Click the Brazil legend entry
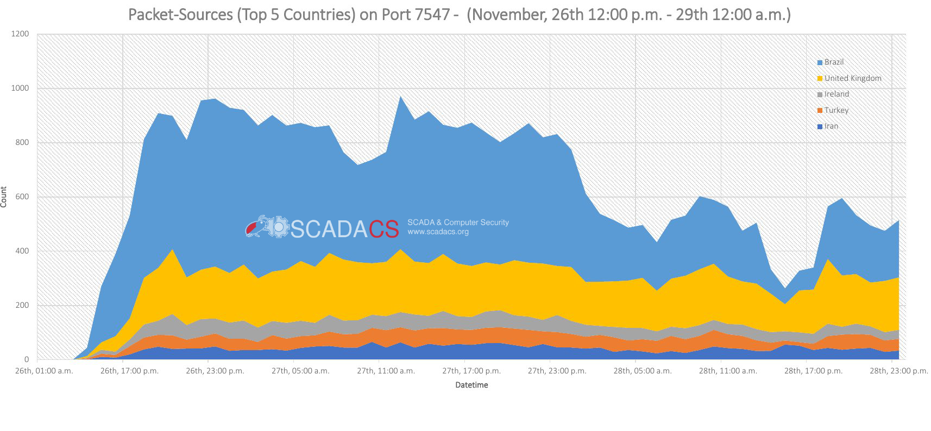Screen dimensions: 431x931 click(833, 62)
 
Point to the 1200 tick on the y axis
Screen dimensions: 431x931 click(20, 34)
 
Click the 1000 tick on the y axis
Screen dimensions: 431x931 click(20, 88)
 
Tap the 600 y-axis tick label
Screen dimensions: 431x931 click(22, 197)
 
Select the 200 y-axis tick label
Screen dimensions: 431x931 click(22, 305)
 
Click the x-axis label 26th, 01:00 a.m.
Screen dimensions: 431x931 click(44, 371)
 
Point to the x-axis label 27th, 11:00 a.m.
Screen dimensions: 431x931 click(386, 371)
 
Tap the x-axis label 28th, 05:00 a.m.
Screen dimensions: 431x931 click(643, 371)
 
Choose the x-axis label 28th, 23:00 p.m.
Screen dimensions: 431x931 click(898, 371)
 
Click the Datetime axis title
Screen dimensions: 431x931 click(471, 385)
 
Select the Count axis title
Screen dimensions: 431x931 click(4, 197)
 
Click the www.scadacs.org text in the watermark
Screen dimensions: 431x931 click(438, 232)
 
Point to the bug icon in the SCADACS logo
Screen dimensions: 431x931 click(255, 227)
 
